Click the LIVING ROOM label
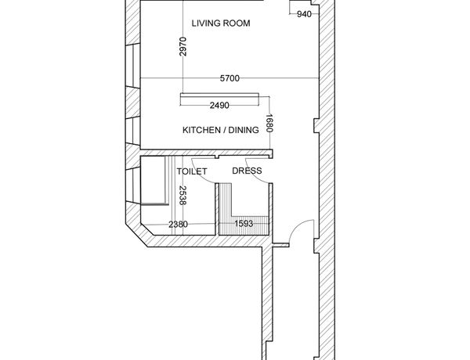tap(221, 23)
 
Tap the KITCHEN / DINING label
tap(221, 130)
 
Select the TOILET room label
tap(192, 171)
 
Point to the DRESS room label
tap(247, 171)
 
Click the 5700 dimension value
tap(230, 78)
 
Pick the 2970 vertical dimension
tap(183, 46)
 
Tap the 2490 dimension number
tap(219, 106)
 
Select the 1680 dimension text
tap(269, 123)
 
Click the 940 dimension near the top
tap(304, 14)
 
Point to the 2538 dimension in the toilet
tap(183, 196)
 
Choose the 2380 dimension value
tap(179, 224)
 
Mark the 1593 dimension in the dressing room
tap(244, 223)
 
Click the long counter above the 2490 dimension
tap(219, 95)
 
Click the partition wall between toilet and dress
tap(217, 209)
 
